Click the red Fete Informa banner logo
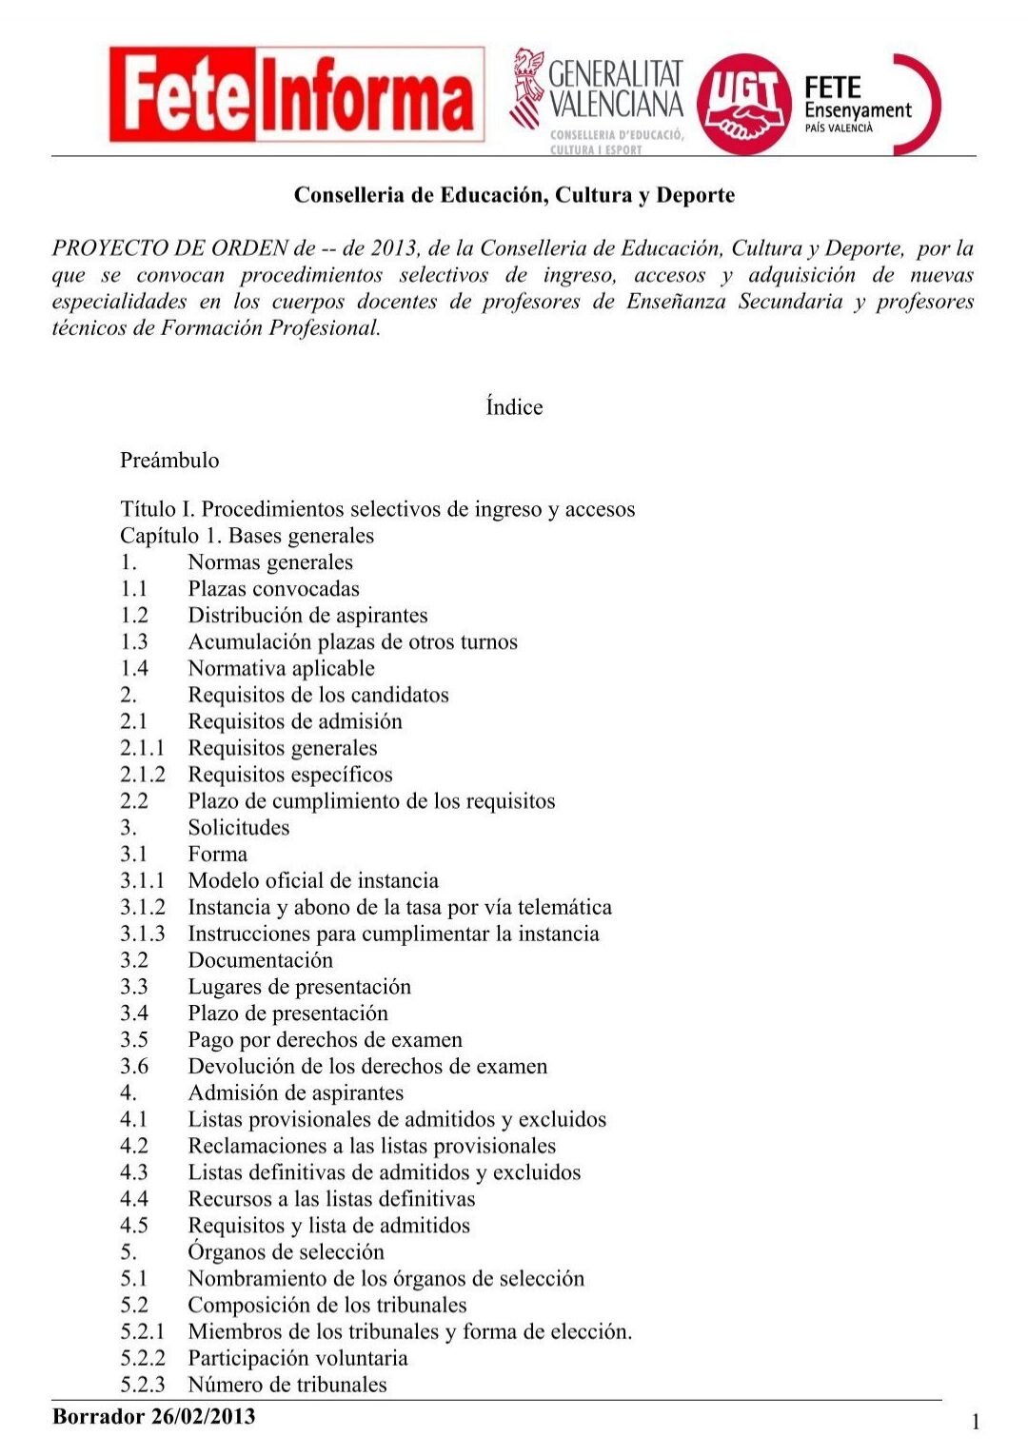click(x=296, y=94)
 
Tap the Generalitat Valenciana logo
click(x=598, y=101)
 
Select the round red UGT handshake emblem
click(x=743, y=103)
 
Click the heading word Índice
click(x=514, y=407)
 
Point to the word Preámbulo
click(x=169, y=461)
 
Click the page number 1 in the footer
click(x=976, y=1423)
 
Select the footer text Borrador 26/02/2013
click(x=154, y=1416)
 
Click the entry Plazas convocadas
click(x=273, y=589)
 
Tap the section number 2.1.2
click(x=142, y=775)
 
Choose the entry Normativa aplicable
click(x=281, y=669)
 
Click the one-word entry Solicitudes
click(x=238, y=828)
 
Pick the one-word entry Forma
click(x=217, y=855)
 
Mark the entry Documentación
click(x=260, y=960)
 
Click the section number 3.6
click(x=134, y=1067)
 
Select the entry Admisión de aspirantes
click(x=295, y=1093)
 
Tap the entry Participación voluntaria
click(x=297, y=1358)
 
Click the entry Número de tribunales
click(x=287, y=1385)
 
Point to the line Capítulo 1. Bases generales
click(x=247, y=536)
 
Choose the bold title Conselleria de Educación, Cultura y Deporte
click(x=514, y=195)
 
